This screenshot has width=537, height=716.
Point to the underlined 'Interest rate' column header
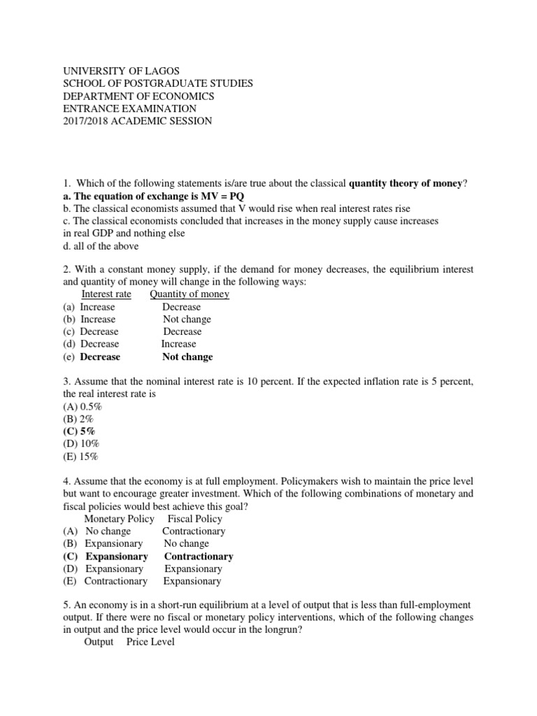tap(106, 294)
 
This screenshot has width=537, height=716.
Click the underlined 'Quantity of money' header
tap(189, 294)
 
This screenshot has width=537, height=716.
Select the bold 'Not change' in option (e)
tap(187, 357)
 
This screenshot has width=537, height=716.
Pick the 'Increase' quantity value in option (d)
tap(179, 344)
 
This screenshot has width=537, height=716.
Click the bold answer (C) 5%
tap(79, 431)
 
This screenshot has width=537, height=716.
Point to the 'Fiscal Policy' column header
tap(195, 519)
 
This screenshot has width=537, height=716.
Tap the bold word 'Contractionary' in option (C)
tap(199, 557)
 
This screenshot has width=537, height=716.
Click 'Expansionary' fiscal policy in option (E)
tap(192, 581)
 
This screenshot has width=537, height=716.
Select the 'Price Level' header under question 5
tap(150, 642)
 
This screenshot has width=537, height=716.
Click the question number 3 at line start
tap(66, 382)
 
